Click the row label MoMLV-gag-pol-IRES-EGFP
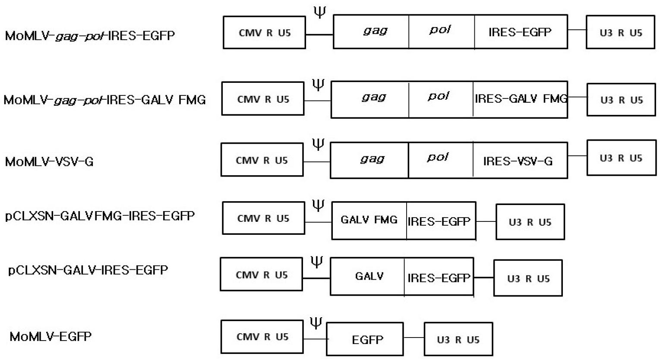click(x=90, y=35)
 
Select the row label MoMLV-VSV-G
click(x=49, y=161)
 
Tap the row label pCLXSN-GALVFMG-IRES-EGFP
click(x=100, y=215)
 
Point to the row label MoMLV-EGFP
click(x=51, y=336)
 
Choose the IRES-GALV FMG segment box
click(x=520, y=99)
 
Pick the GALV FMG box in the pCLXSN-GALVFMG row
click(x=369, y=220)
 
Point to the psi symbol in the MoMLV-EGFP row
click(x=316, y=323)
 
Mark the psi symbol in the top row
click(x=319, y=12)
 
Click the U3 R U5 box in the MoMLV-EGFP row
click(x=458, y=339)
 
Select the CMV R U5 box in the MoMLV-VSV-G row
click(x=262, y=160)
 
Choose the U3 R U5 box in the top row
click(x=620, y=32)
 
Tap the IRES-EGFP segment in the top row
click(x=521, y=32)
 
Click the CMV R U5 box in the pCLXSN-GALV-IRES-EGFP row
click(x=261, y=275)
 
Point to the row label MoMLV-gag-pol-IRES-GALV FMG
click(x=104, y=100)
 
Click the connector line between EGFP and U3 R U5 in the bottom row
click(x=414, y=338)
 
